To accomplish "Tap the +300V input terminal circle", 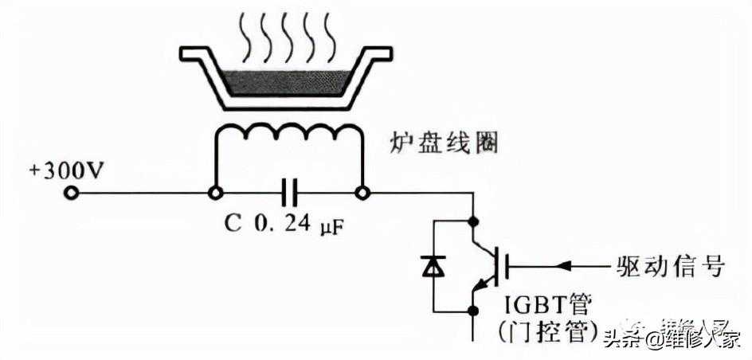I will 71,193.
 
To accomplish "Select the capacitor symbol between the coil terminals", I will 288,193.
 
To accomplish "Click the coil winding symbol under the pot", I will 288,137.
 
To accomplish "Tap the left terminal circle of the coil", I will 213,193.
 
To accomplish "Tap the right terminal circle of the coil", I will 362,193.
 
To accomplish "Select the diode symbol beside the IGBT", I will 433,265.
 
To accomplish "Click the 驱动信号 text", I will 670,265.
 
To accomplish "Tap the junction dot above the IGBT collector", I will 476,219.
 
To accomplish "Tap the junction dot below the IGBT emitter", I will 476,310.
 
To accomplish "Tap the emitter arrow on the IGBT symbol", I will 480,285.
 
